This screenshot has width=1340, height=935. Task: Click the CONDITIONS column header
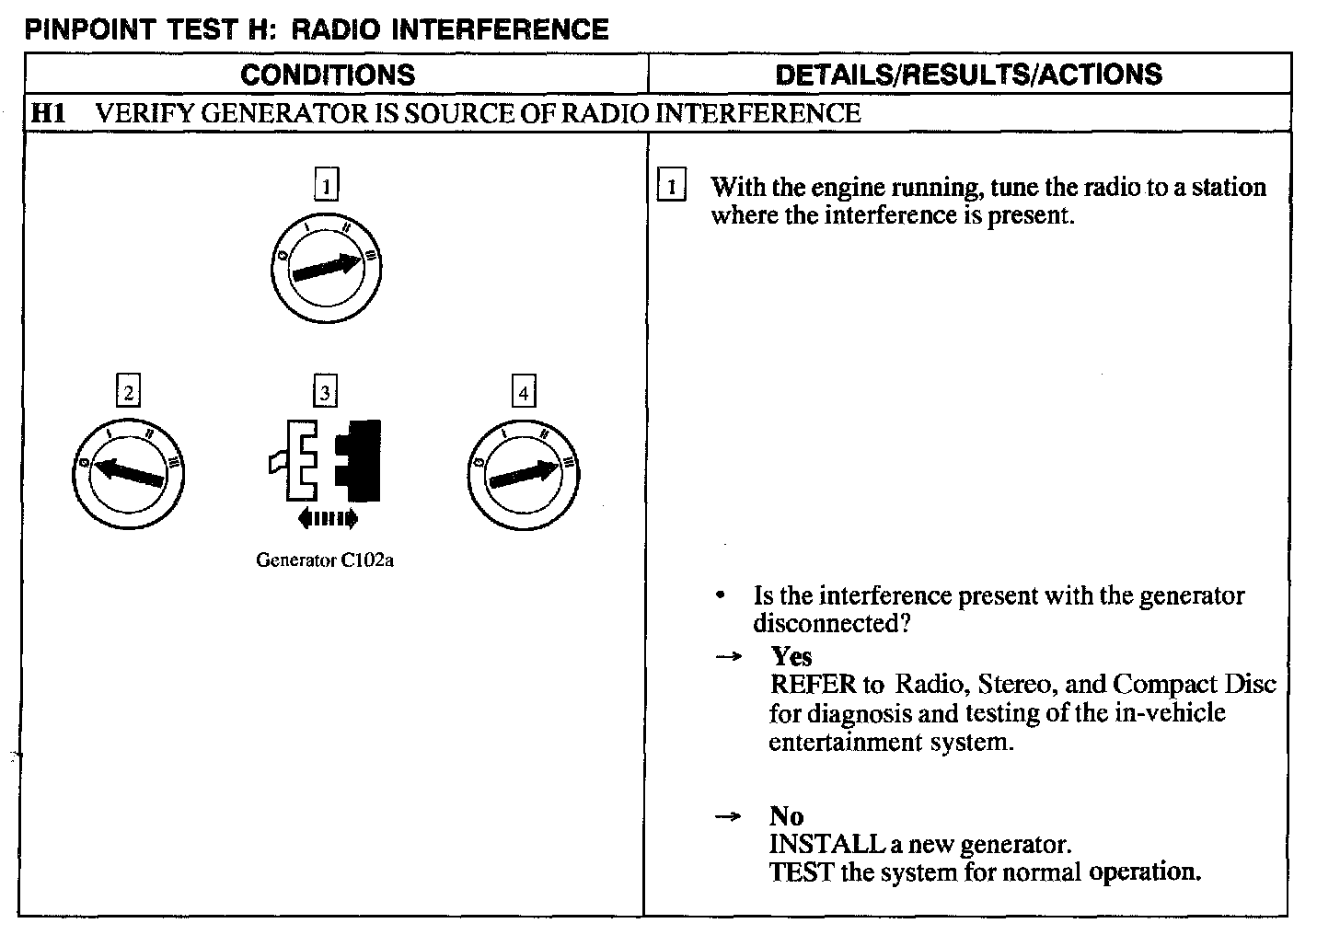click(328, 75)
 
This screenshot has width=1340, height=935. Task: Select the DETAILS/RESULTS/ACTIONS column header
click(968, 75)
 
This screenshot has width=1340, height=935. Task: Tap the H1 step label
click(48, 113)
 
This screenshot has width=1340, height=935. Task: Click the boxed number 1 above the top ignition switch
click(326, 186)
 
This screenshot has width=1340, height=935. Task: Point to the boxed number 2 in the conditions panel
click(128, 393)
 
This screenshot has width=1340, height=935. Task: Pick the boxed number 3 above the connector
click(326, 393)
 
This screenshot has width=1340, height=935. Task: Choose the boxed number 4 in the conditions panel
click(524, 393)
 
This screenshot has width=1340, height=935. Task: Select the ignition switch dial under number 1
click(327, 268)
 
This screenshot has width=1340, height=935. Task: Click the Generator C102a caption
click(325, 560)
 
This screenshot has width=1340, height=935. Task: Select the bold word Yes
click(791, 656)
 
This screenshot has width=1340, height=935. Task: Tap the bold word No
click(786, 816)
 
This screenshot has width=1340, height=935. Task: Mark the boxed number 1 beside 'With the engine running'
click(671, 188)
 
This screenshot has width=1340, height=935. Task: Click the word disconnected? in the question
click(832, 623)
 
